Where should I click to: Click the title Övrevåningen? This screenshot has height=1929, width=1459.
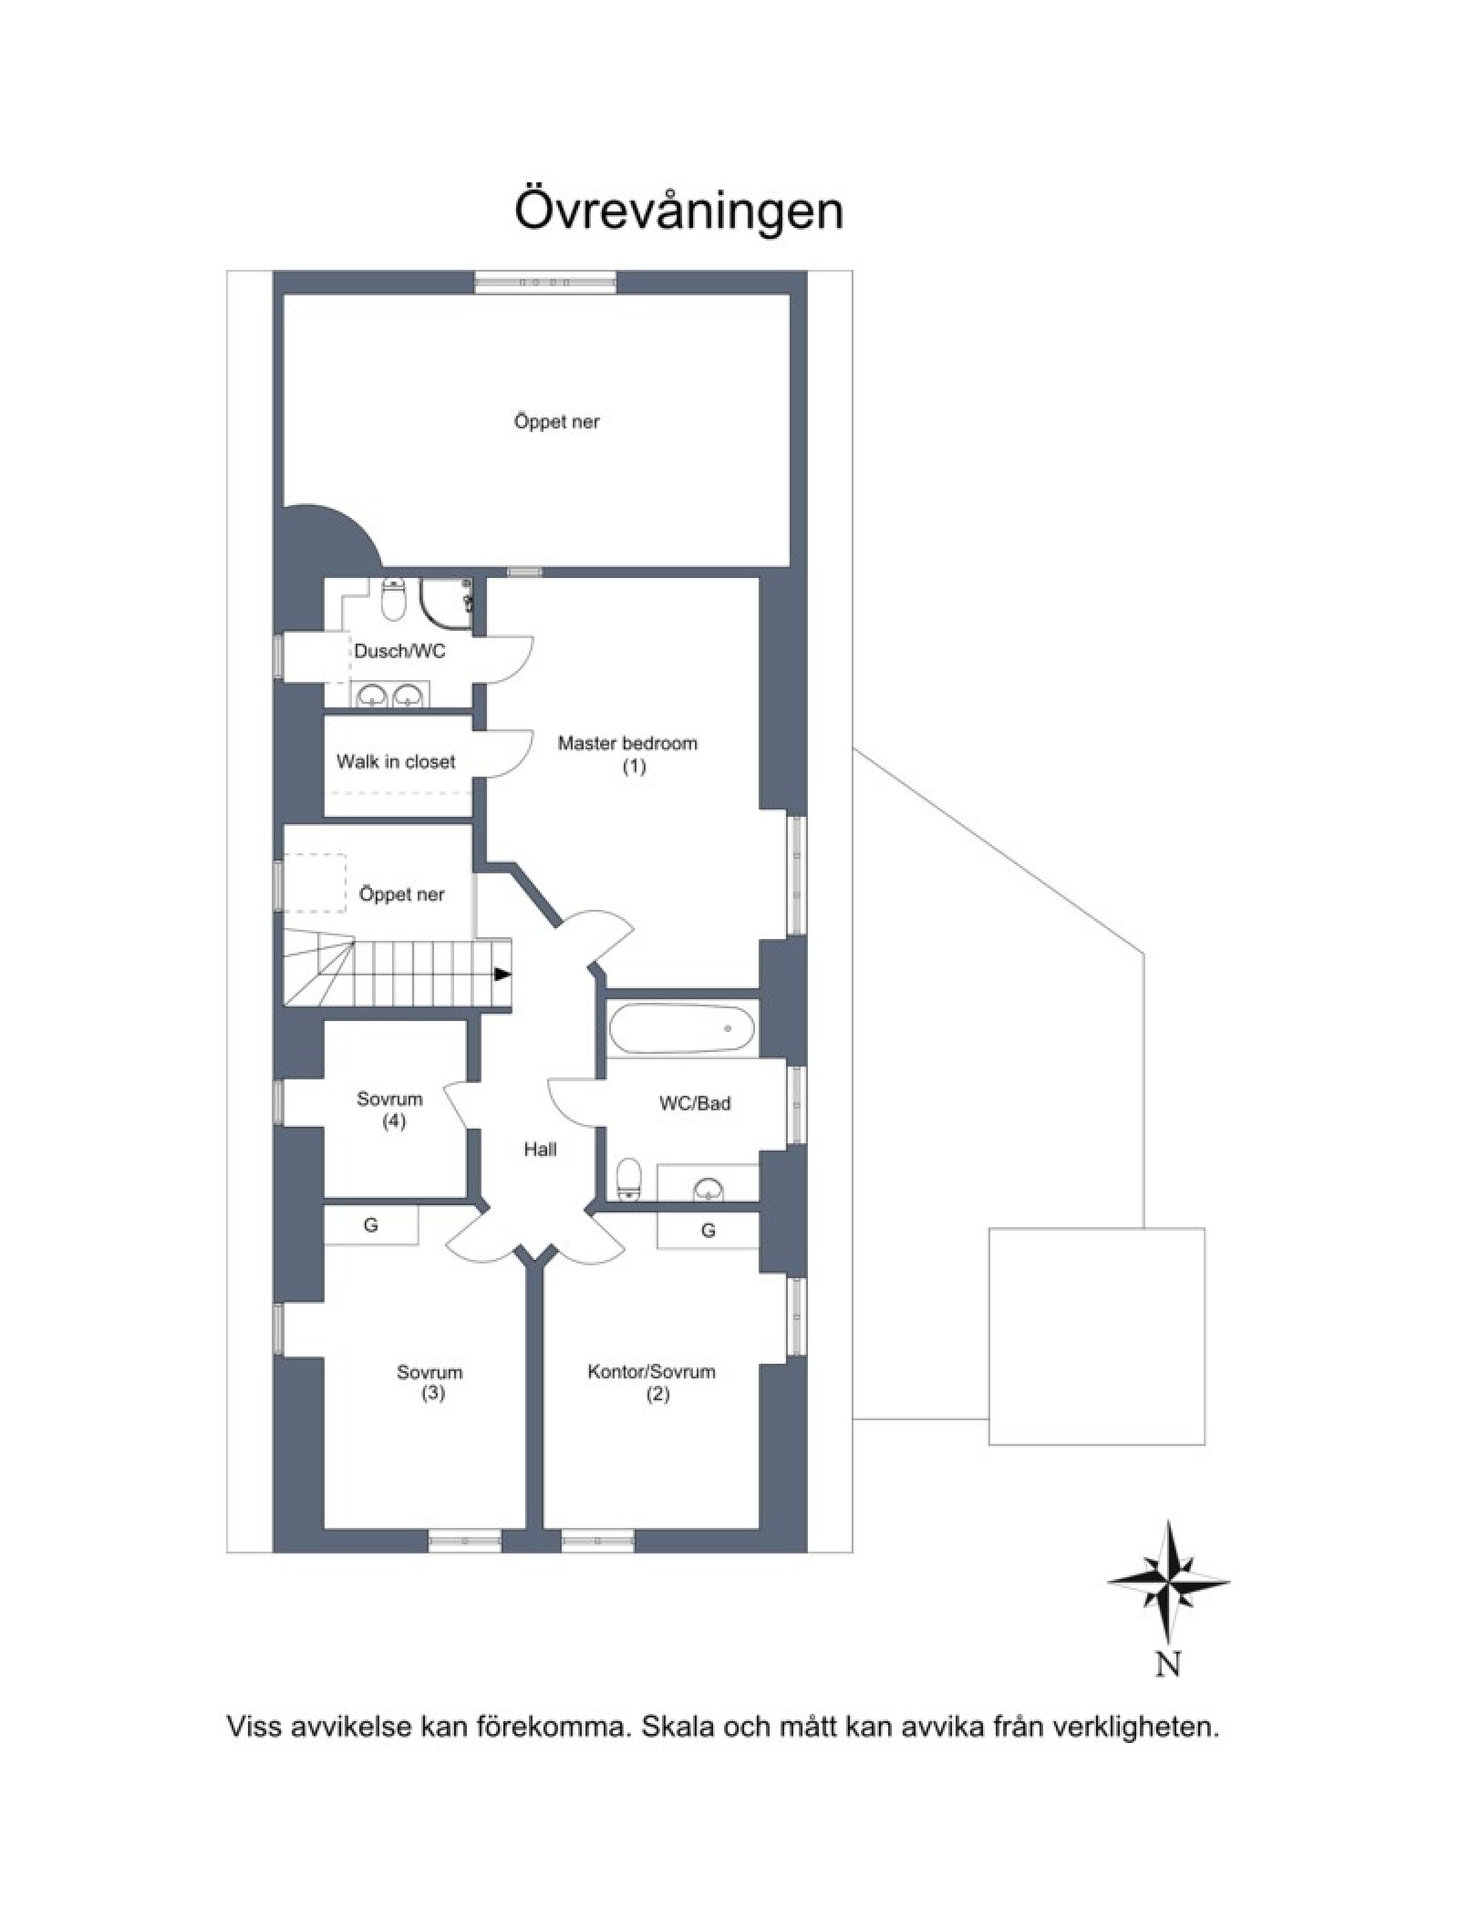[678, 210]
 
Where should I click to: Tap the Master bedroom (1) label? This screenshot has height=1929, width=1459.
[627, 754]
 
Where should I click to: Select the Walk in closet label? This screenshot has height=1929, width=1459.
[396, 761]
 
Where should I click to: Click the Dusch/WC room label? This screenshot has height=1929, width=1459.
[399, 652]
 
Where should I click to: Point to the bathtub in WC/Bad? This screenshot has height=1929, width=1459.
[682, 1029]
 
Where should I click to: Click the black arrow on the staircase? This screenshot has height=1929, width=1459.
[502, 974]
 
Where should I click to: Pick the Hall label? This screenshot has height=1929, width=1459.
[540, 1150]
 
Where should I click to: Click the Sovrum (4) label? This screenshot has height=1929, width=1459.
[389, 1109]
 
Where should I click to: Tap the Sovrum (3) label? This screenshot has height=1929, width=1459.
[429, 1382]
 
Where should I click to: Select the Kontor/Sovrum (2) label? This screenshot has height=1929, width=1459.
[651, 1382]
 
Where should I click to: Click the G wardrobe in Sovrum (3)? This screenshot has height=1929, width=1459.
[371, 1225]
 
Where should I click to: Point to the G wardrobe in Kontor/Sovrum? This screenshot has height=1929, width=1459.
[708, 1231]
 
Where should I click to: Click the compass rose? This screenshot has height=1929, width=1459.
[1168, 1582]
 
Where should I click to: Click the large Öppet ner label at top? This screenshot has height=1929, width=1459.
[556, 422]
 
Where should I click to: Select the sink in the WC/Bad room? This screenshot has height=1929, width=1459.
[709, 1188]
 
